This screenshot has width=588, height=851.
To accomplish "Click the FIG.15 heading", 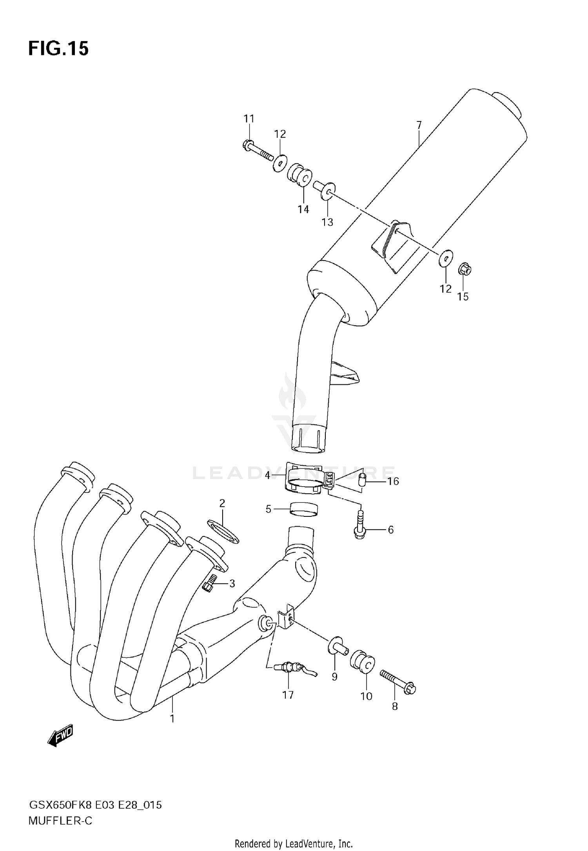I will (58, 49).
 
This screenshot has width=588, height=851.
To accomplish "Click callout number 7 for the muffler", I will (419, 125).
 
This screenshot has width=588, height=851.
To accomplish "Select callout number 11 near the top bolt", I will (249, 118).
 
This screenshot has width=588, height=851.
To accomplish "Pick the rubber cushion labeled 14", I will (300, 175).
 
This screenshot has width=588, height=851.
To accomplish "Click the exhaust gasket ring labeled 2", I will (222, 531).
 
